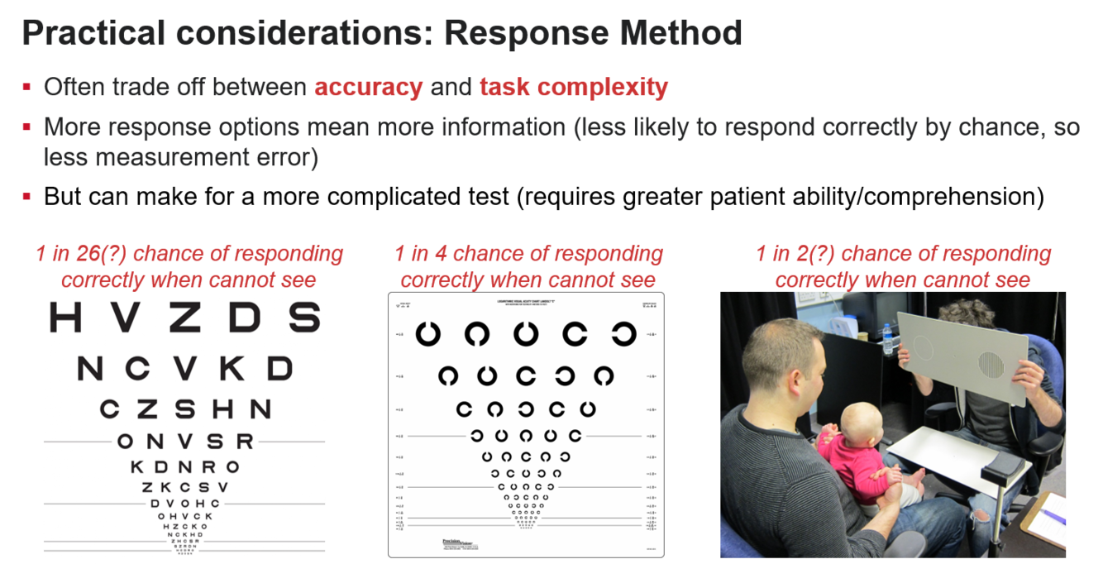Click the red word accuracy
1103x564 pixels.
tap(369, 88)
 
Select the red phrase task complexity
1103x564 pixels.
tap(574, 88)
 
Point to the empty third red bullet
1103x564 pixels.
tap(26, 196)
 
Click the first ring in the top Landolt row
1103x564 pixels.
tap(429, 334)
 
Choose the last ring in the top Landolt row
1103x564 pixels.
tap(623, 334)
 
